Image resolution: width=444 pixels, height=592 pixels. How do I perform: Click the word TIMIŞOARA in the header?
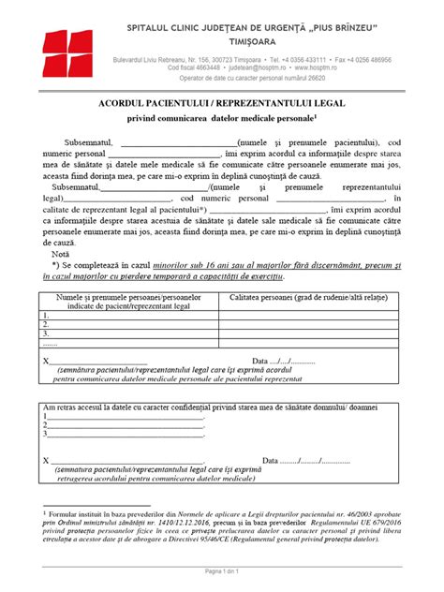click(x=263, y=42)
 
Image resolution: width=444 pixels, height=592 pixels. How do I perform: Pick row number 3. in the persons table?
click(x=47, y=333)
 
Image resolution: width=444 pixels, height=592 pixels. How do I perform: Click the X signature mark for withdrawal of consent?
click(x=46, y=460)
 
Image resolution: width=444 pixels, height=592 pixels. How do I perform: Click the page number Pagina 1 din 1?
click(x=222, y=570)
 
